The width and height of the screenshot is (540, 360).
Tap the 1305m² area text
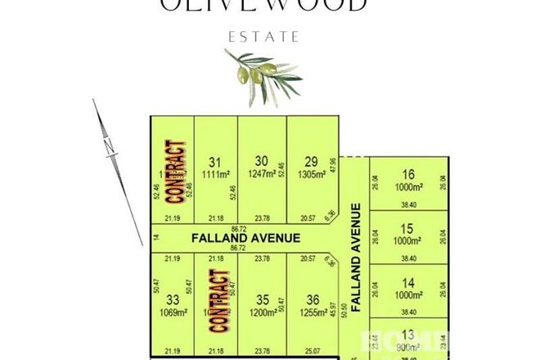(x=311, y=173)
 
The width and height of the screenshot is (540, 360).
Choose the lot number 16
(x=410, y=173)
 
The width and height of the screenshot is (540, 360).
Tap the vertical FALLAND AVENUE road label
(x=356, y=245)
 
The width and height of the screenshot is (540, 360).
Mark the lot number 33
(x=172, y=299)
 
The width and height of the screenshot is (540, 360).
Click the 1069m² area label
(x=172, y=312)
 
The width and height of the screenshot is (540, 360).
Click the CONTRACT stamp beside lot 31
(x=173, y=170)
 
